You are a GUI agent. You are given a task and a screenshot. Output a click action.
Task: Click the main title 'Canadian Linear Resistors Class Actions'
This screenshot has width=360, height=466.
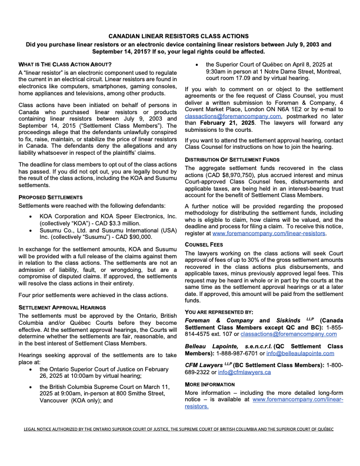[x=179, y=36]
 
